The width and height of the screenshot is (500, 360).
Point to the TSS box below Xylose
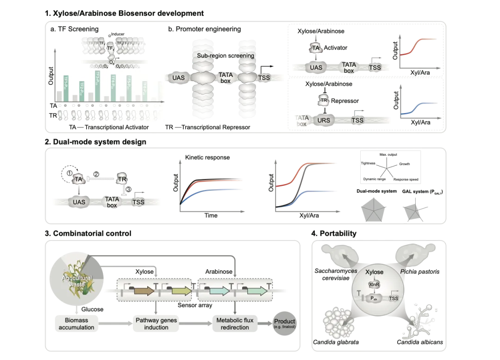coord(394,298)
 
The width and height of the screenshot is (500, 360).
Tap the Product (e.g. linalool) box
coord(284,323)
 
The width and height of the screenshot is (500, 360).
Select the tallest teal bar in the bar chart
coord(98,85)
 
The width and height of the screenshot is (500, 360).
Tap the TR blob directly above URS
coord(324,101)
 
